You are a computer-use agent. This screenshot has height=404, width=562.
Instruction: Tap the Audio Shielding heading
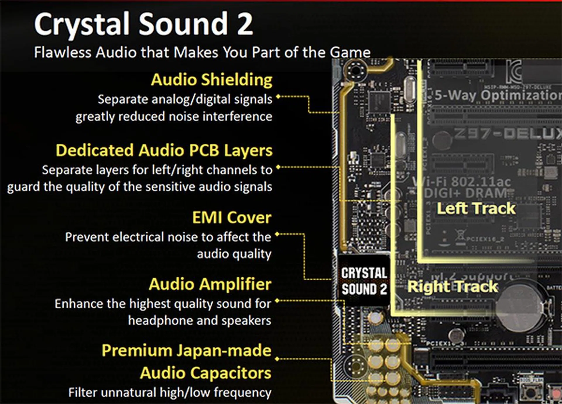coord(211,80)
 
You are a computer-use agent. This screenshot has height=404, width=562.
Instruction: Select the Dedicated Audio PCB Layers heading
coord(164,150)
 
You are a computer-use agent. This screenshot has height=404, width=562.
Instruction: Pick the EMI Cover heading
coord(232,217)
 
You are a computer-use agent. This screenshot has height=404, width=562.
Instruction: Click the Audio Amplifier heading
coord(210,284)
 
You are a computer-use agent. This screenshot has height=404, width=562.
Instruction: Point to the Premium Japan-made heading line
coord(186,350)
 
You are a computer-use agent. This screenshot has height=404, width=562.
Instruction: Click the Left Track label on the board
coord(476,208)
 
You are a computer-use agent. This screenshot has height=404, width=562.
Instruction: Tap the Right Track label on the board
coord(453,286)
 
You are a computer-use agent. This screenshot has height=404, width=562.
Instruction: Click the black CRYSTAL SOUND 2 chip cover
coord(364,281)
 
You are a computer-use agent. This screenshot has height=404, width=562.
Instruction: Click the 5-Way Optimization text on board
coord(498,95)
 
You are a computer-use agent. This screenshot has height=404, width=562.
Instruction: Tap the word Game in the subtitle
coord(350,53)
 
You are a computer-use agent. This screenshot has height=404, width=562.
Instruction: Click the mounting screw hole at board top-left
coord(355,70)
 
